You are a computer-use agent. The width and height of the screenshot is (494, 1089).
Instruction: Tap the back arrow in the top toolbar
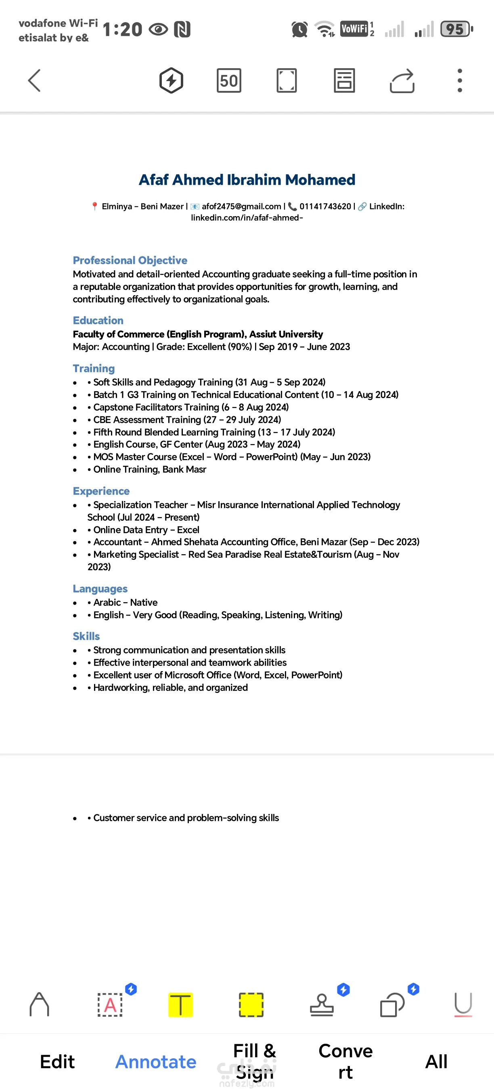pyautogui.click(x=34, y=80)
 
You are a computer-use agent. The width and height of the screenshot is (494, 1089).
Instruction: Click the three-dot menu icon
pyautogui.click(x=460, y=80)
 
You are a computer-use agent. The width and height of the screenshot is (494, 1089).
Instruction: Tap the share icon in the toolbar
pyautogui.click(x=402, y=80)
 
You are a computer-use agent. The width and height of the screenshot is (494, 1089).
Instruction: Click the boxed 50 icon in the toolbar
pyautogui.click(x=229, y=80)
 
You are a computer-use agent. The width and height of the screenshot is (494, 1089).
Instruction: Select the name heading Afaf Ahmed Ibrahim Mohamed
pyautogui.click(x=247, y=179)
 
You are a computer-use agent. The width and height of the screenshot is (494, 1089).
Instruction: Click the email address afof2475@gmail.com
pyautogui.click(x=241, y=206)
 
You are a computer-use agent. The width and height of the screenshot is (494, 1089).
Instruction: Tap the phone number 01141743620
pyautogui.click(x=325, y=206)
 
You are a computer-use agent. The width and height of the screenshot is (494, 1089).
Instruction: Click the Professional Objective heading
pyautogui.click(x=130, y=261)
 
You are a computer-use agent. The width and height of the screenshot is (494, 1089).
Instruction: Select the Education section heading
pyautogui.click(x=98, y=320)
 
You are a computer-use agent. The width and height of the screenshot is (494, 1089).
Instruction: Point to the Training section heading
pyautogui.click(x=94, y=368)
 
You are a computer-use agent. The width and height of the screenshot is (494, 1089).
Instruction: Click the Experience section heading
pyautogui.click(x=101, y=491)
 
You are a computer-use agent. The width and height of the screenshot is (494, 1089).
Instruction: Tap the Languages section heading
pyautogui.click(x=100, y=588)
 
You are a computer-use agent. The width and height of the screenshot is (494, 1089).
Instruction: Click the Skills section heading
pyautogui.click(x=86, y=636)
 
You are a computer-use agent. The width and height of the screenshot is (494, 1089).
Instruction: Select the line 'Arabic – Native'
pyautogui.click(x=125, y=603)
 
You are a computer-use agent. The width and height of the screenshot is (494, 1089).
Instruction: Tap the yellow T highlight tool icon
pyautogui.click(x=180, y=1005)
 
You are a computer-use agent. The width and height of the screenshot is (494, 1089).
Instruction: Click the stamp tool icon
pyautogui.click(x=322, y=1005)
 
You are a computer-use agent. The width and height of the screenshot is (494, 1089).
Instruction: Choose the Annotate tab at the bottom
pyautogui.click(x=156, y=1062)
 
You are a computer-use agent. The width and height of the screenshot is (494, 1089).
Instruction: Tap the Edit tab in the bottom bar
pyautogui.click(x=57, y=1062)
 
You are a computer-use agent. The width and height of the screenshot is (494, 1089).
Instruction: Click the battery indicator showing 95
pyautogui.click(x=456, y=29)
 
